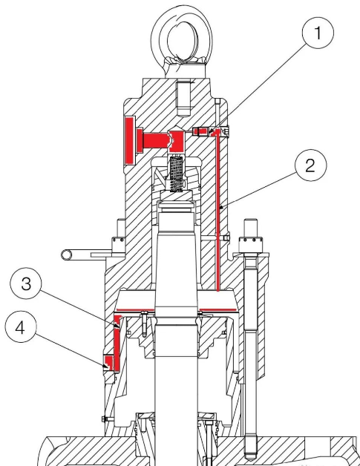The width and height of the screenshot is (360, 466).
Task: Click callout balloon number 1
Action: pos(318,33)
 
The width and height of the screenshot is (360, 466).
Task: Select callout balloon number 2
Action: pos(311,165)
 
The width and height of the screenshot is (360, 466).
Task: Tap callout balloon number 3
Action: pos(26,283)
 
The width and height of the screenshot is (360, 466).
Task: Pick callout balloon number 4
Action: pos(21,327)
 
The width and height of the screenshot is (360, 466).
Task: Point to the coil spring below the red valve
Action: pos(176,174)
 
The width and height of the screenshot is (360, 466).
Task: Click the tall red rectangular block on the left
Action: pos(130,140)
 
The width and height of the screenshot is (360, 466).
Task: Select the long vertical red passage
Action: pos(218,211)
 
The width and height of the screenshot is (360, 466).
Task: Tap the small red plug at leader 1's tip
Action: pos(200,131)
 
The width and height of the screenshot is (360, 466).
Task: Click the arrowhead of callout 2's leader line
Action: pos(221,208)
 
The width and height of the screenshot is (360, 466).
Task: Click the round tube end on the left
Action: pos(67,255)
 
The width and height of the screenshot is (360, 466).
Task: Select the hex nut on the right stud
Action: pos(251,244)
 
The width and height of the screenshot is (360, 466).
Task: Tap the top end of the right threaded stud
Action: pos(251,220)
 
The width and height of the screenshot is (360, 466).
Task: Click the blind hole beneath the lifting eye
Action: pos(183,99)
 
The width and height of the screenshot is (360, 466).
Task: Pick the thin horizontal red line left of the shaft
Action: pos(134,311)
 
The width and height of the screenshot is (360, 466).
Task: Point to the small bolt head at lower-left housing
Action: pos(104,419)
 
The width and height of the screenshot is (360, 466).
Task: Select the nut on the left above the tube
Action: pos(118,245)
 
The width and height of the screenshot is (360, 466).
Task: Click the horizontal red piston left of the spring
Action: pos(156,140)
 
